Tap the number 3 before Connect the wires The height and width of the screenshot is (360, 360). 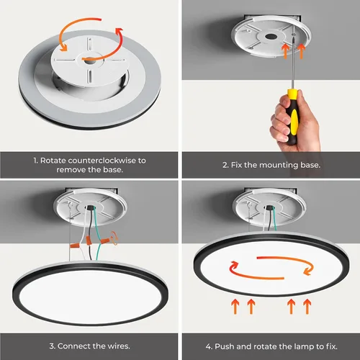[x=52, y=345]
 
